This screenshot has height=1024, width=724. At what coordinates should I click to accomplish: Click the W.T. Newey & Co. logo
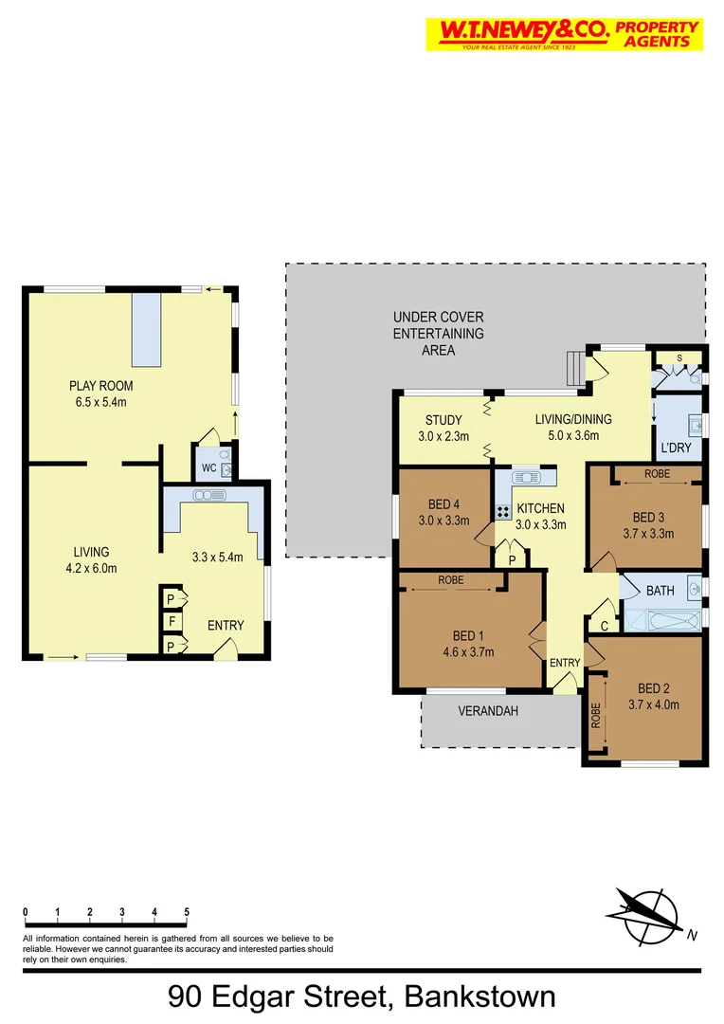point(564,34)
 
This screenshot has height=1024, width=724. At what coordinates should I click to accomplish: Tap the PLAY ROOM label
point(100,386)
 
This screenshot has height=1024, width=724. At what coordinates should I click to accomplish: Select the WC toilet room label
point(208,467)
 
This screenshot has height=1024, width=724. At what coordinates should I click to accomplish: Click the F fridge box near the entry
point(171,623)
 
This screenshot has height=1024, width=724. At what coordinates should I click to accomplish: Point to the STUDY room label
point(443,420)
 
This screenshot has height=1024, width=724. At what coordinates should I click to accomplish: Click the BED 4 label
point(443,504)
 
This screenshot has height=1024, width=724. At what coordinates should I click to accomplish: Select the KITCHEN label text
point(541,508)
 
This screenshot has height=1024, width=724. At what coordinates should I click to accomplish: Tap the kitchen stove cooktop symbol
point(503,511)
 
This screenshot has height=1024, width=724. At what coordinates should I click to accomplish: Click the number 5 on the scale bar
point(187,912)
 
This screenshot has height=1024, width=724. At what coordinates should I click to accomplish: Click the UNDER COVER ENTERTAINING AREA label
point(438,334)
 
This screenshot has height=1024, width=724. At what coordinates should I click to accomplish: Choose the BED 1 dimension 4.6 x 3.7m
point(469,650)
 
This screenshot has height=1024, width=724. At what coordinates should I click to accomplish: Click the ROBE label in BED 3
point(658,472)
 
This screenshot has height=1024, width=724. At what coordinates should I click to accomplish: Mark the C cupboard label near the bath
point(605,626)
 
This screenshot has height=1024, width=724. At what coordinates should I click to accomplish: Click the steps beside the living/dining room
point(574,364)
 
